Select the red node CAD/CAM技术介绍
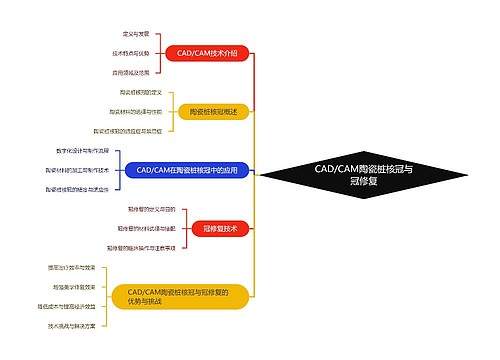tap(207, 52)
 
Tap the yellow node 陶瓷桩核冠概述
tap(213, 111)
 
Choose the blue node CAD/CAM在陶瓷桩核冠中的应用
tap(188, 170)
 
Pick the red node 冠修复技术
tap(219, 229)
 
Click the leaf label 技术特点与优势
tap(130, 52)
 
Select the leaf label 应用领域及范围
tap(131, 72)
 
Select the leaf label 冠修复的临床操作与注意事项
tap(142, 247)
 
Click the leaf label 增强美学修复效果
tap(71, 286)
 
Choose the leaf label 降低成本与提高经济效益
tap(67, 306)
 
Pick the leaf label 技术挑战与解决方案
tap(71, 325)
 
